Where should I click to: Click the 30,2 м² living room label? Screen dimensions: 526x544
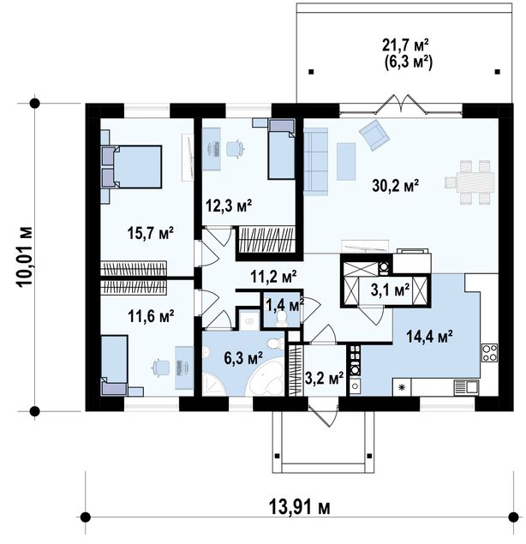(x=395, y=186)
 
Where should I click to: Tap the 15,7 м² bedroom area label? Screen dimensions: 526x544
(x=150, y=233)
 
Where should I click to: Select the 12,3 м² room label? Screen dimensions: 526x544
(x=229, y=206)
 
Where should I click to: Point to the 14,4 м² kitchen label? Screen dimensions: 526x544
(x=429, y=336)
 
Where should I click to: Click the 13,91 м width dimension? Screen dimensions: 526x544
(x=300, y=508)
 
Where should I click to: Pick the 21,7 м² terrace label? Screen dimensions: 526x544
(x=405, y=45)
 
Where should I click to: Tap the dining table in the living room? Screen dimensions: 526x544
(x=469, y=182)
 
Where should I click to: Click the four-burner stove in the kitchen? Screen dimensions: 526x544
(x=489, y=352)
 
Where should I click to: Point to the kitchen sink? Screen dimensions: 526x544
(x=466, y=387)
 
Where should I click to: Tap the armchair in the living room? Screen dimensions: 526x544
(x=374, y=135)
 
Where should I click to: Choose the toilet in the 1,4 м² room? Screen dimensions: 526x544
(x=281, y=319)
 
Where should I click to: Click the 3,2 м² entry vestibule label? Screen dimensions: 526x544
(x=324, y=378)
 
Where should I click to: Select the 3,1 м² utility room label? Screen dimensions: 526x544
(x=390, y=290)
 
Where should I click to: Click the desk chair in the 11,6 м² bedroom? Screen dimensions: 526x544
(x=160, y=368)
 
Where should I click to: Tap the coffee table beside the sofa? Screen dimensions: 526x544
(x=346, y=161)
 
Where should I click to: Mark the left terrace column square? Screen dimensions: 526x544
(x=311, y=72)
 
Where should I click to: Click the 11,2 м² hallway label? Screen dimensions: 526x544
(x=273, y=277)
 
